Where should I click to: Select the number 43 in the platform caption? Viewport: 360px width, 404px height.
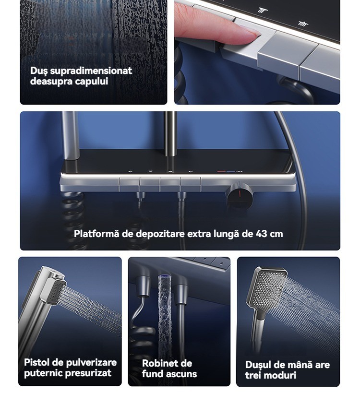pos(261,234)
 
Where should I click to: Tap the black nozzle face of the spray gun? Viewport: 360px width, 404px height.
pos(57,294)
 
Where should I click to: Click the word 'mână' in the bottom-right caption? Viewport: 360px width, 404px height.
pos(298,365)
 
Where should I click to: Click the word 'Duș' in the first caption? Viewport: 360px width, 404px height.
pos(39,71)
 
